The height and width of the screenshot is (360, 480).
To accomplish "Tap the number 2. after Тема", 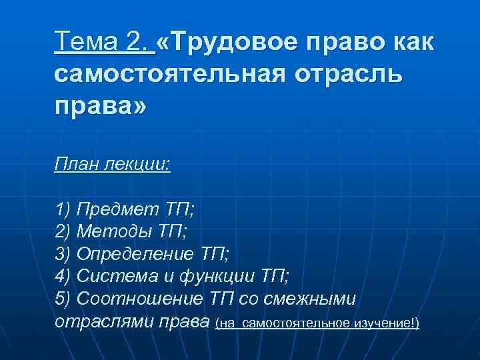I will click(x=139, y=42).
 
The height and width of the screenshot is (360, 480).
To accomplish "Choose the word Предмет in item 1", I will click(x=117, y=211).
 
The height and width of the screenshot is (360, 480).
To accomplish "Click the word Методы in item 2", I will click(x=114, y=231).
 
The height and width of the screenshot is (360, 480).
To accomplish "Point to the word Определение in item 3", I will click(x=136, y=253).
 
